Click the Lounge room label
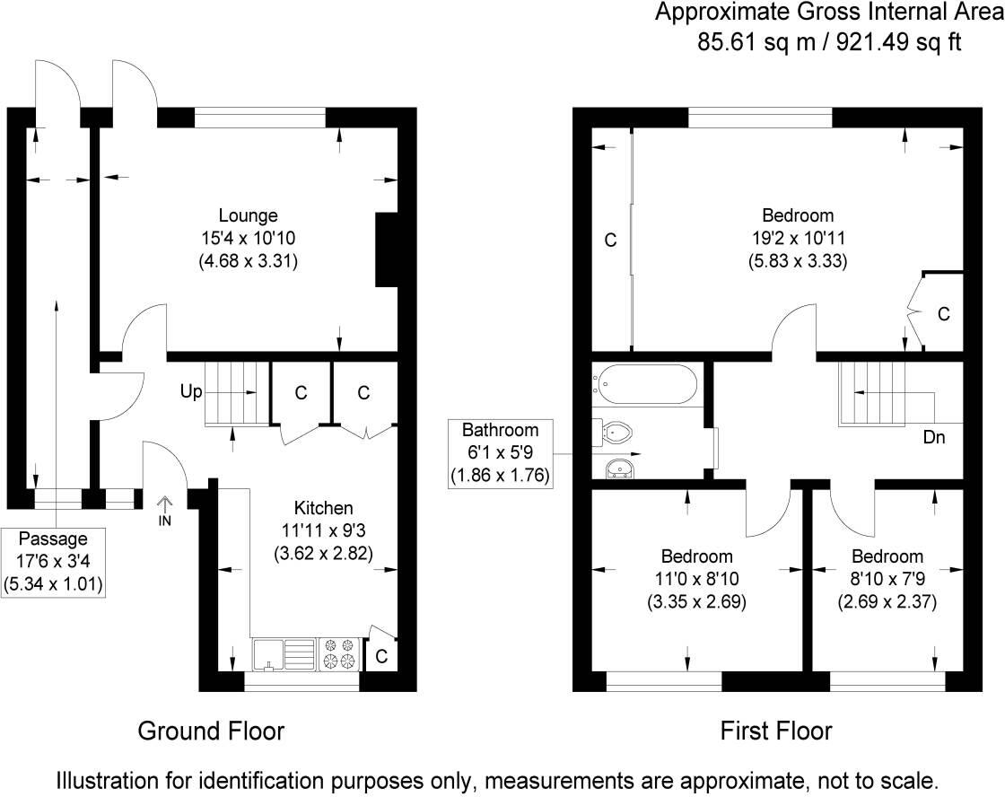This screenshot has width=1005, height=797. click(248, 215)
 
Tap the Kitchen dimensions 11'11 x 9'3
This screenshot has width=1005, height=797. click(323, 530)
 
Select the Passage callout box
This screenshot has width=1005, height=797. click(55, 562)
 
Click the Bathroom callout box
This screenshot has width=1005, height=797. click(500, 452)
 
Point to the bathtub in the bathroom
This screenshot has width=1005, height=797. click(645, 384)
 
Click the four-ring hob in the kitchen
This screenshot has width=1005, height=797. click(341, 653)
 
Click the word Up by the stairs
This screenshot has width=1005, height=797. click(191, 392)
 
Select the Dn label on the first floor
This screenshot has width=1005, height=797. click(934, 438)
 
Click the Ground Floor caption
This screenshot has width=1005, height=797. click(211, 731)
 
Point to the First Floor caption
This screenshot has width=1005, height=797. click(776, 731)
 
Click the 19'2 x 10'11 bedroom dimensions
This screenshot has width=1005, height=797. click(798, 238)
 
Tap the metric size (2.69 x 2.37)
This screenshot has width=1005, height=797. click(887, 601)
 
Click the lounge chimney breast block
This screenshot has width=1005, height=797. click(385, 250)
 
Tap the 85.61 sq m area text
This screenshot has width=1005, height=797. click(751, 42)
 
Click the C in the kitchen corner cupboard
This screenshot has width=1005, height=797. click(380, 657)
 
